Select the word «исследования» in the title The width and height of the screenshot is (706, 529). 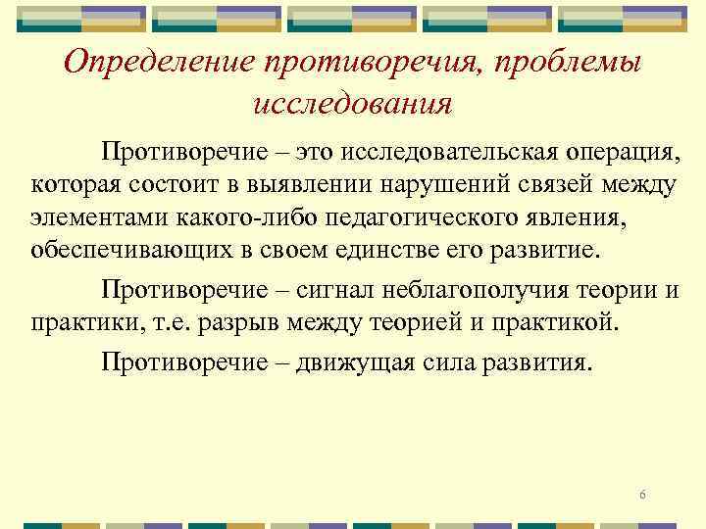353,102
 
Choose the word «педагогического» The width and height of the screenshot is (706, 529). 434,215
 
